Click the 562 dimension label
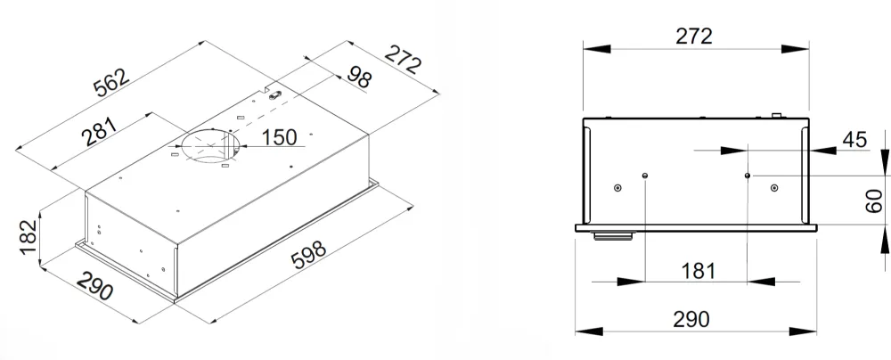112,85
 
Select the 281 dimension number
100,134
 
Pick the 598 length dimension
309,260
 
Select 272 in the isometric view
403,61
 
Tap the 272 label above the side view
694,37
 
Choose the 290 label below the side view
691,319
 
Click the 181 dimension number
696,270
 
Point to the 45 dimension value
854,139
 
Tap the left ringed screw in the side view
617,188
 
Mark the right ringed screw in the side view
774,188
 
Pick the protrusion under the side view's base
610,235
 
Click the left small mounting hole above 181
644,176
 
